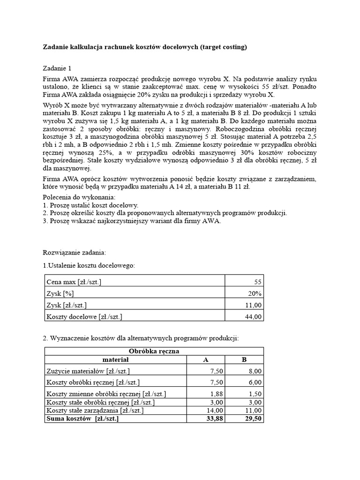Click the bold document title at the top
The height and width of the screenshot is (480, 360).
click(145, 47)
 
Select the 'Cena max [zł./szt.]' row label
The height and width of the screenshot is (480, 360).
click(74, 282)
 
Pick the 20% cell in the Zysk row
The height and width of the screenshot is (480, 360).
click(255, 293)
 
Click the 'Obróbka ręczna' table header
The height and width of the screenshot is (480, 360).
click(154, 351)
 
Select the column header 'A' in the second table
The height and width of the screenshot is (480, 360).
click(205, 360)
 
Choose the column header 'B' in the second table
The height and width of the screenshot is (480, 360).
click(244, 360)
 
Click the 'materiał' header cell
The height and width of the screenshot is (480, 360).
click(115, 360)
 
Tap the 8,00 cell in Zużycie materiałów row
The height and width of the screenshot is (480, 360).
click(254, 371)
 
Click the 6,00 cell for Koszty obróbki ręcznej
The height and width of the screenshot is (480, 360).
click(254, 382)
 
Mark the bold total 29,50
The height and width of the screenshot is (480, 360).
click(252, 418)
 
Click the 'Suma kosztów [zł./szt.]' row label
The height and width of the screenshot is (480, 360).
click(82, 418)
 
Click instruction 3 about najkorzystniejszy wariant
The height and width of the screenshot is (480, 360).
click(131, 221)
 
